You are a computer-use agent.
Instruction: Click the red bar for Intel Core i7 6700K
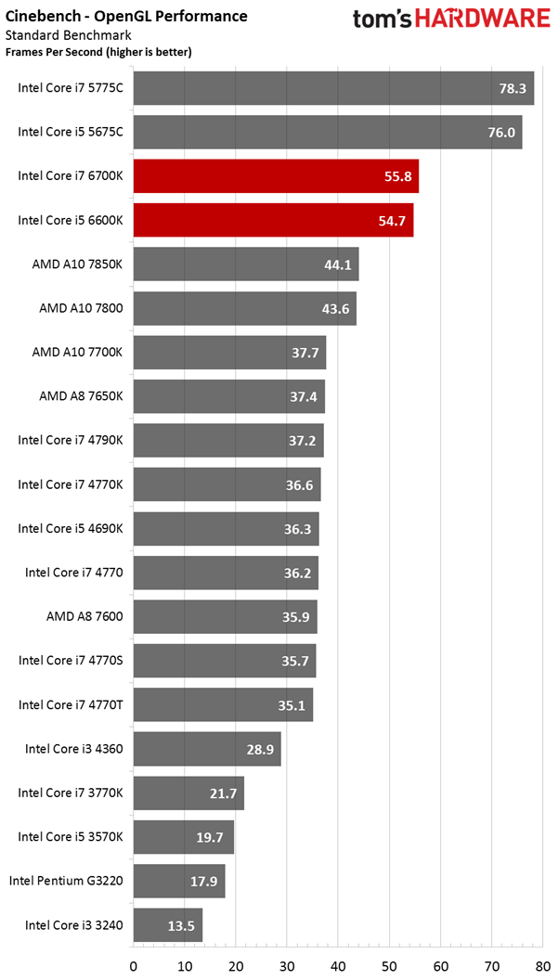tap(276, 176)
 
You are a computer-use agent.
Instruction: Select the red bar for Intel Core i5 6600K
tap(273, 220)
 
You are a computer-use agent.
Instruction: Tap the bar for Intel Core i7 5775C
tap(333, 88)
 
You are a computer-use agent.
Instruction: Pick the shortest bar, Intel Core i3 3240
tap(168, 924)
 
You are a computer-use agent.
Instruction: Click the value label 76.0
tap(501, 133)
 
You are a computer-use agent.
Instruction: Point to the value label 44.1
tap(338, 264)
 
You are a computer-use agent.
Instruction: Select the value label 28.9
tap(260, 748)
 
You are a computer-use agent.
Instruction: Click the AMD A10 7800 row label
tap(82, 308)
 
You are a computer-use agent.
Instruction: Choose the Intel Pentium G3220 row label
tap(67, 880)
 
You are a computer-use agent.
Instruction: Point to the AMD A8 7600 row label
tap(84, 616)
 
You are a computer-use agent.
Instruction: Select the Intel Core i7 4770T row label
tap(71, 704)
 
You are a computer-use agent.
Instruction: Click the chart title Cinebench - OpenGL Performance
tap(126, 16)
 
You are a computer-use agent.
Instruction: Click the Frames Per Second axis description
tap(98, 52)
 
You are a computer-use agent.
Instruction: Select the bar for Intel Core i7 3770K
tap(188, 793)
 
